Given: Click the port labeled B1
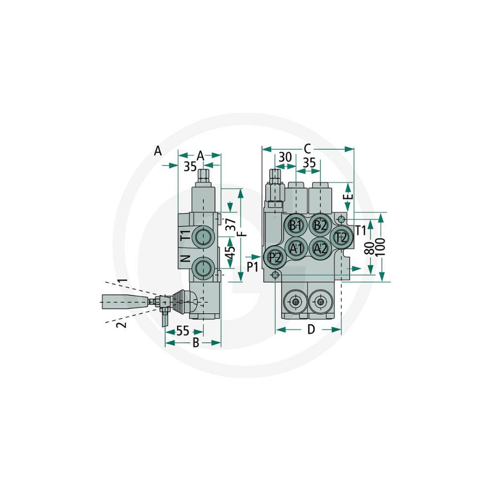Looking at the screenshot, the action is click(296, 225).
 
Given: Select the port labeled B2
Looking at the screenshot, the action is click(321, 225).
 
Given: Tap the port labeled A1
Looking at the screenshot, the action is click(296, 248).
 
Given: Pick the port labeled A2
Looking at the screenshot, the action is click(321, 248).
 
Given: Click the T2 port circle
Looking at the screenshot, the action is click(341, 237).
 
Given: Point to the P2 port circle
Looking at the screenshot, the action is click(274, 257).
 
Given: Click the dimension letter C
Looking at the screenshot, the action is click(307, 149).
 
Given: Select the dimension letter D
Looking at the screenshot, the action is click(311, 329).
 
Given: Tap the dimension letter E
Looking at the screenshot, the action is click(349, 196).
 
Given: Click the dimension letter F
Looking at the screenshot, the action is click(243, 233).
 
